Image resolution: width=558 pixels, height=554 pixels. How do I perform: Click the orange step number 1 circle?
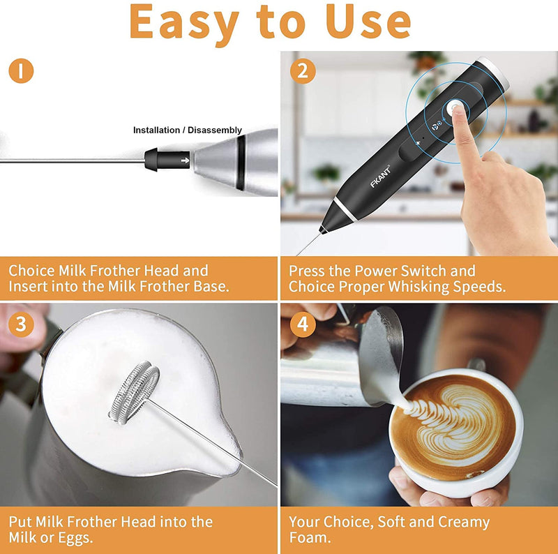(x=21, y=70)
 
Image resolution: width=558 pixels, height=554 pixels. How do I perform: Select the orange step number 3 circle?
(x=21, y=324)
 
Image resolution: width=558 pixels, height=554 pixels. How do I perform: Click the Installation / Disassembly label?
(x=188, y=130)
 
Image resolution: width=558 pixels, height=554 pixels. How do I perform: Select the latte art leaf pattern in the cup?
(x=446, y=417)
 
